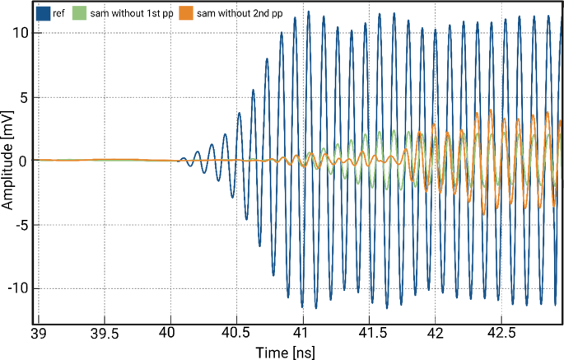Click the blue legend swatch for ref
click(44, 13)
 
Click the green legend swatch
click(79, 13)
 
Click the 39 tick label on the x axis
click(39, 334)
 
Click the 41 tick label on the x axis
click(304, 334)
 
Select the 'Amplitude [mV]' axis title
click(8, 161)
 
